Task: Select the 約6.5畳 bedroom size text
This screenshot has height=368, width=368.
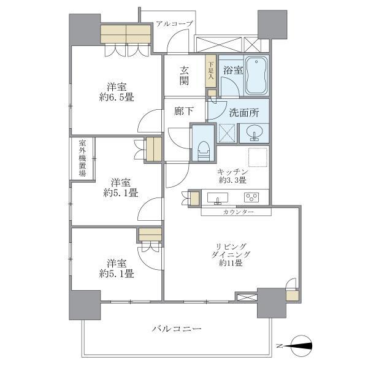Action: pyautogui.click(x=117, y=96)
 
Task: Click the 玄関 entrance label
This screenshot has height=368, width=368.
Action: pyautogui.click(x=185, y=75)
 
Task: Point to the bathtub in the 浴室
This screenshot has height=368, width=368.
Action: pyautogui.click(x=257, y=77)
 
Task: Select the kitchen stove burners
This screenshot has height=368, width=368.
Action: pyautogui.click(x=251, y=197)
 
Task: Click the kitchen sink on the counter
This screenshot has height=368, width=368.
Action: pyautogui.click(x=218, y=197)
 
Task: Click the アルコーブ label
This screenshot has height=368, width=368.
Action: pyautogui.click(x=174, y=24)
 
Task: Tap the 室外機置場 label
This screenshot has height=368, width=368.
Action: pyautogui.click(x=82, y=159)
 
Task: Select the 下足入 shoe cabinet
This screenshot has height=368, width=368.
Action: pyautogui.click(x=210, y=69)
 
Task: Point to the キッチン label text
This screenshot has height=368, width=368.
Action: pyautogui.click(x=232, y=172)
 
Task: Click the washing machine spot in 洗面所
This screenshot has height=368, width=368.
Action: pyautogui.click(x=228, y=132)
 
